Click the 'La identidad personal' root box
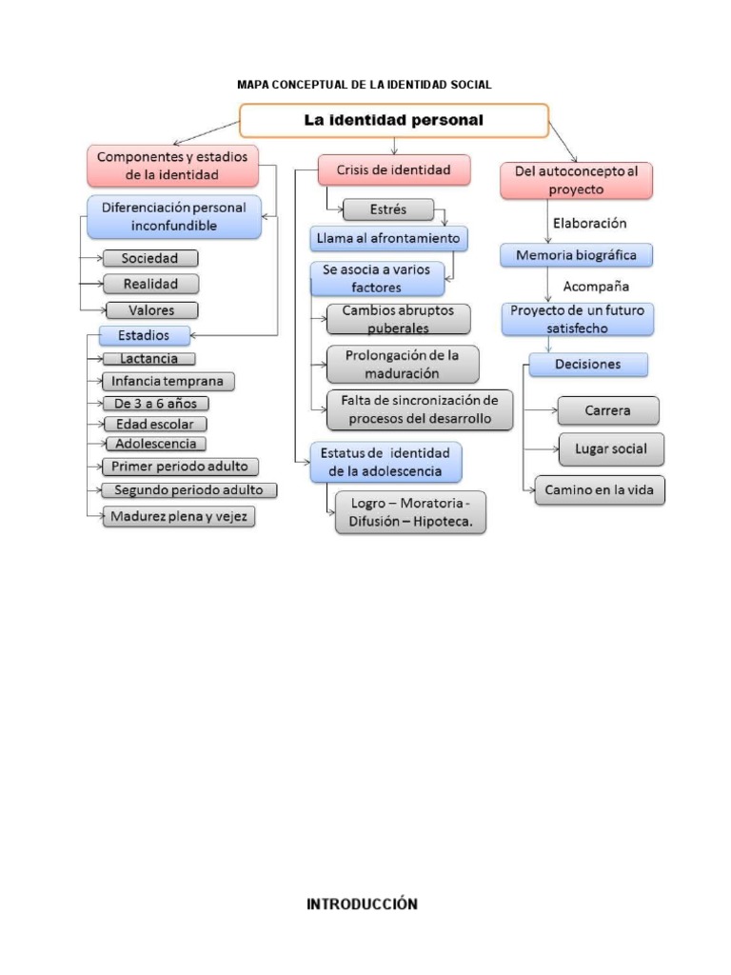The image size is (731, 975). pos(393,121)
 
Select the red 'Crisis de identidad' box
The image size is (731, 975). pos(393,170)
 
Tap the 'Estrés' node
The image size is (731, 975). pos(387,209)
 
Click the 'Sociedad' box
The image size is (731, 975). pos(150,258)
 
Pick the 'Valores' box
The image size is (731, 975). pos(151,309)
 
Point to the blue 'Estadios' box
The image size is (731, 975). pos(145,335)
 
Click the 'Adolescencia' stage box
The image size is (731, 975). pos(155,444)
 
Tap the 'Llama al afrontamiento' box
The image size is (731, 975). pos(388,237)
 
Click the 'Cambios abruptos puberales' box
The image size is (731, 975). pos(398,319)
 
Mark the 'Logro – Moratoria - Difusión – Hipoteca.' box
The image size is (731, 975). pos(410,512)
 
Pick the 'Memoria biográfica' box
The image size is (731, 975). pos(577,255)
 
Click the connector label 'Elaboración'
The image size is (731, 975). pos(590,224)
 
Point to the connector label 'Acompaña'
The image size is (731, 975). pos(596,286)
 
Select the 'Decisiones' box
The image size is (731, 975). pos(588,364)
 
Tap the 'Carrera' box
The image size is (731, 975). pos(607,410)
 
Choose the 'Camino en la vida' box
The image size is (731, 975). pos(599,490)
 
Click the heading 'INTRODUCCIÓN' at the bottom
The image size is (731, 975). pos(362,905)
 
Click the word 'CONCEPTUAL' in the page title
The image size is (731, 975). pos(314,85)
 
